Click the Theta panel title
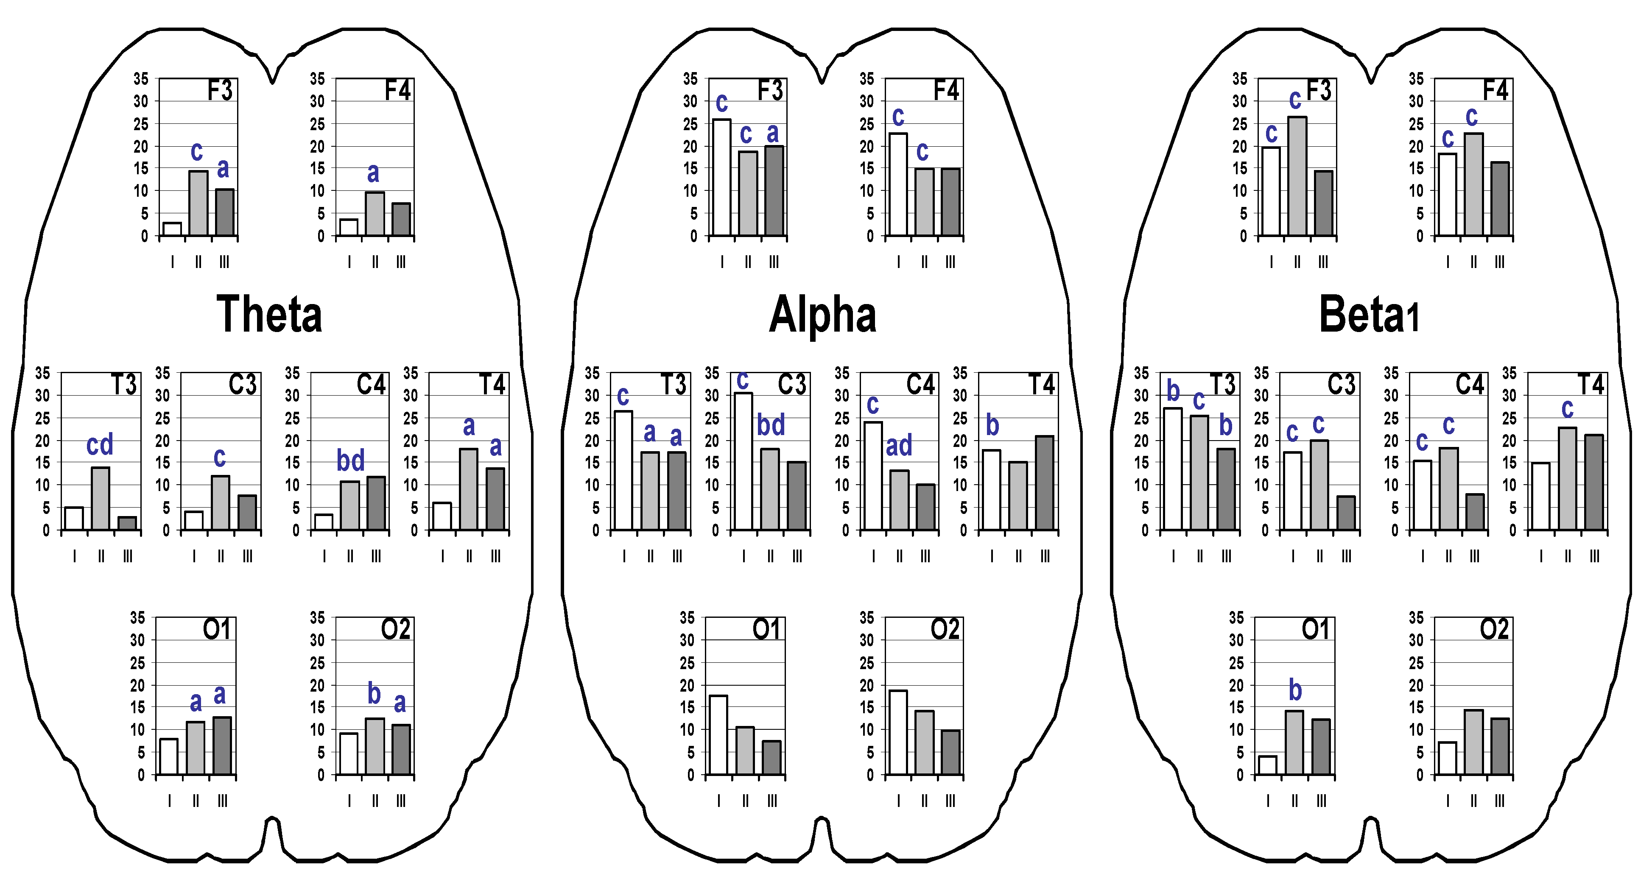pos(269,314)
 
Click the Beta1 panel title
pos(1369,314)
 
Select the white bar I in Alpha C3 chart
pos(743,461)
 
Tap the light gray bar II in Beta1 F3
pos(1297,176)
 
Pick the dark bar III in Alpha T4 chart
pos(1044,483)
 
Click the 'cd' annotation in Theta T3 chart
pos(100,444)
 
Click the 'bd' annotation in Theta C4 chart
pos(350,460)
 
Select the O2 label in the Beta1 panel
pos(1494,629)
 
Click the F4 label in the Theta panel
pos(397,90)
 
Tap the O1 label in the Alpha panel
pos(766,629)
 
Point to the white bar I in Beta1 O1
pos(1267,765)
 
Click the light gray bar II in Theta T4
pos(469,489)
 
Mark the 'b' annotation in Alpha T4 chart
pos(992,425)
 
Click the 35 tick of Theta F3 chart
pos(140,79)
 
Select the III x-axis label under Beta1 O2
pos(1499,801)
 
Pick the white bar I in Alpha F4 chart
pos(898,184)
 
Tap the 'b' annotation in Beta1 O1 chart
pos(1295,690)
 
